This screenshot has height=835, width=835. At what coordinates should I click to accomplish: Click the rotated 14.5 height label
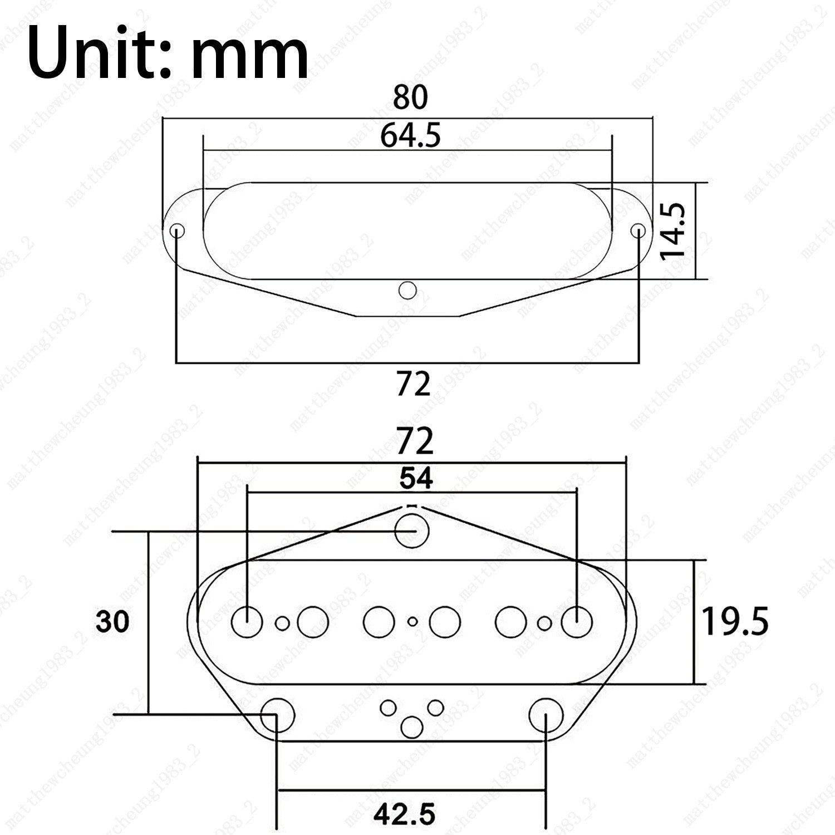(672, 230)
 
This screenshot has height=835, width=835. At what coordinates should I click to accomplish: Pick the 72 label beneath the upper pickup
(414, 384)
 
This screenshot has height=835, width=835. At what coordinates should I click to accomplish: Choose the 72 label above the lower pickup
(415, 442)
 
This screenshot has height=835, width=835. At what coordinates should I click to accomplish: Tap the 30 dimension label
(112, 621)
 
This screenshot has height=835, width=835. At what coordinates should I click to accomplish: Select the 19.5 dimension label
(735, 622)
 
